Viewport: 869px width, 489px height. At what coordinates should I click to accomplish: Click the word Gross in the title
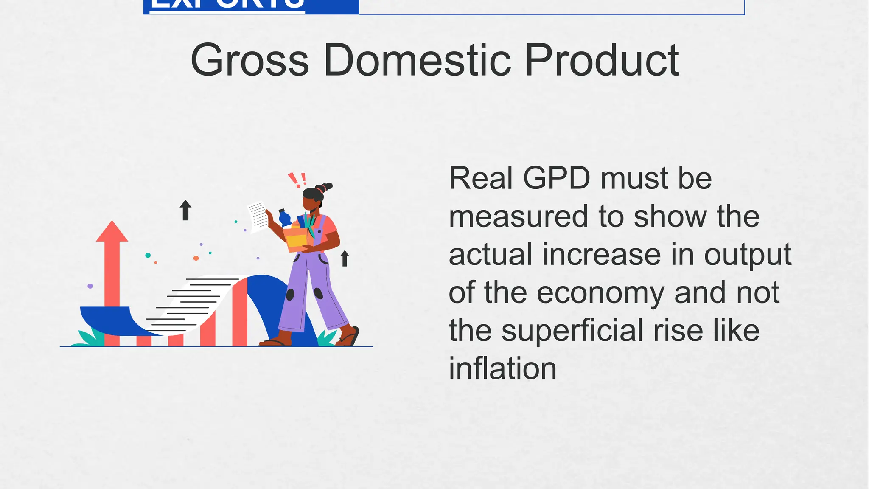point(249,61)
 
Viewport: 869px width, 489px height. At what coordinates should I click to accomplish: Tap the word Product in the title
point(602,61)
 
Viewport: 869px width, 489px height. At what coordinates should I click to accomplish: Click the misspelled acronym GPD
point(556,178)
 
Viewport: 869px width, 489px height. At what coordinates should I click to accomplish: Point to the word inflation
point(502,368)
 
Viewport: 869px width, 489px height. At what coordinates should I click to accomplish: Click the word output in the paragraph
point(748,255)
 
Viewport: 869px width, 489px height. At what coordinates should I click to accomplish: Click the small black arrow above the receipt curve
point(185,210)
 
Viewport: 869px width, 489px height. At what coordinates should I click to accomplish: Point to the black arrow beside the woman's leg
point(345,258)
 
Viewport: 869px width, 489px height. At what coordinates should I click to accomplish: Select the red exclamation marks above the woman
point(297,180)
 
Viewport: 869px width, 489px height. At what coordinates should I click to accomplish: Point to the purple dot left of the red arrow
point(90,286)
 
